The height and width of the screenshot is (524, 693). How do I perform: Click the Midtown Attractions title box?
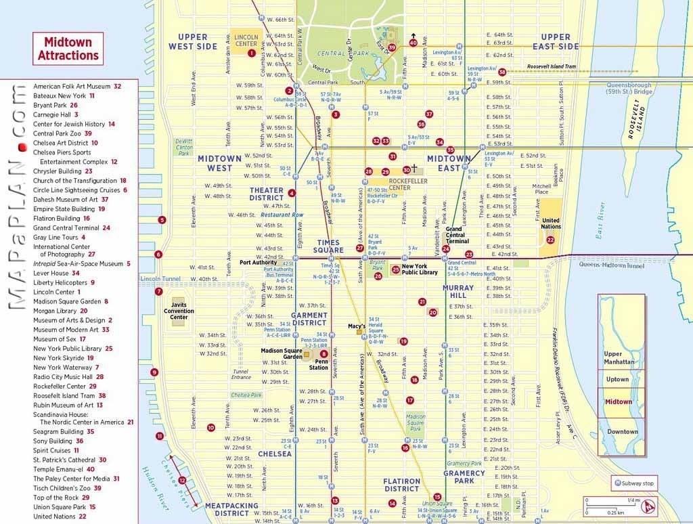coord(68,49)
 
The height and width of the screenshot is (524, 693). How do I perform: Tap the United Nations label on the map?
coord(551,223)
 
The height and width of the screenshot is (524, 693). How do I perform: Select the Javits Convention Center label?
coord(179,311)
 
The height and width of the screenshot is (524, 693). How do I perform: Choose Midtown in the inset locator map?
coord(619,402)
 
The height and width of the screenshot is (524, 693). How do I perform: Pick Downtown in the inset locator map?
coord(621,431)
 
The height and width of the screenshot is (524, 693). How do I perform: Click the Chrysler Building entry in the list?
coord(63,171)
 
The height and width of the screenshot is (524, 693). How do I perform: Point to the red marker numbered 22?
coord(550,240)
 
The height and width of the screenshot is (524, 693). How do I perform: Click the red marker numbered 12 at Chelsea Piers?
coord(182,481)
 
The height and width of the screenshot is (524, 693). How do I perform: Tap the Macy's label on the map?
coord(357,326)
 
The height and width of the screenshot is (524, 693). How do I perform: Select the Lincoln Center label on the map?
coord(246,39)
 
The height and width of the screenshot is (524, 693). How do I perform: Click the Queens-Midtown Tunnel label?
coord(611,265)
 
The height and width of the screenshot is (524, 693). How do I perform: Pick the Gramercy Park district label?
coord(464,477)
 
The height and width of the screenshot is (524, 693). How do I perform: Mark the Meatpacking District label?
coord(231,509)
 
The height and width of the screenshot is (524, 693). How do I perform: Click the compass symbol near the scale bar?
coord(650,504)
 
